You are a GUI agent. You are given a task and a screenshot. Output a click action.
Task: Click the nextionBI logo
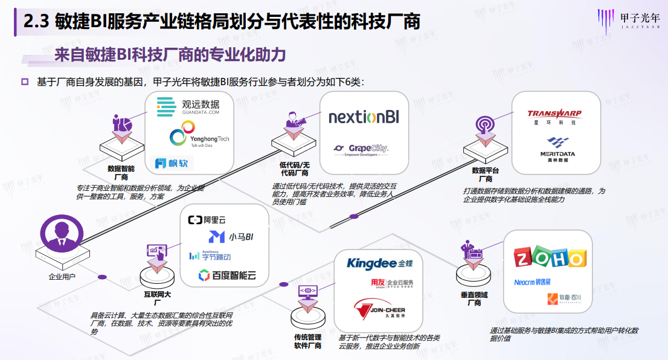tap(364, 117)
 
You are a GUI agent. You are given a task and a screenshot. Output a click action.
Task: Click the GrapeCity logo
tap(361, 149)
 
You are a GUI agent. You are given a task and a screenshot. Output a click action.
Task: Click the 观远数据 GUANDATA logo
tap(188, 107)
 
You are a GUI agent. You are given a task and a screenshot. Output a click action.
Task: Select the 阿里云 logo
tap(207, 220)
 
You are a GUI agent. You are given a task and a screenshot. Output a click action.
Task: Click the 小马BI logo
tap(230, 237)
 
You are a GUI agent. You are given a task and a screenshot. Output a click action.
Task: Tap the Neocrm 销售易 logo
tap(532, 281)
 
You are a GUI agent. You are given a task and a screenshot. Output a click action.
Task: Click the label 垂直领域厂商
tap(474, 299)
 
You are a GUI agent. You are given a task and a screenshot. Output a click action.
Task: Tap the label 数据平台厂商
tap(486, 175)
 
